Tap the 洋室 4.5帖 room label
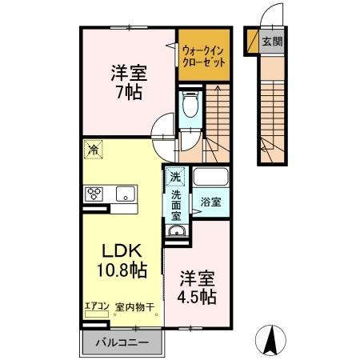(x=196, y=287)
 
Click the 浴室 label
(x=210, y=203)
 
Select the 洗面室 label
(x=176, y=205)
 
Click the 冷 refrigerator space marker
(x=94, y=149)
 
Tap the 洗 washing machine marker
(x=174, y=176)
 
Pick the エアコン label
(x=96, y=306)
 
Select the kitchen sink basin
(x=125, y=194)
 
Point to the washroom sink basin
(x=176, y=233)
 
